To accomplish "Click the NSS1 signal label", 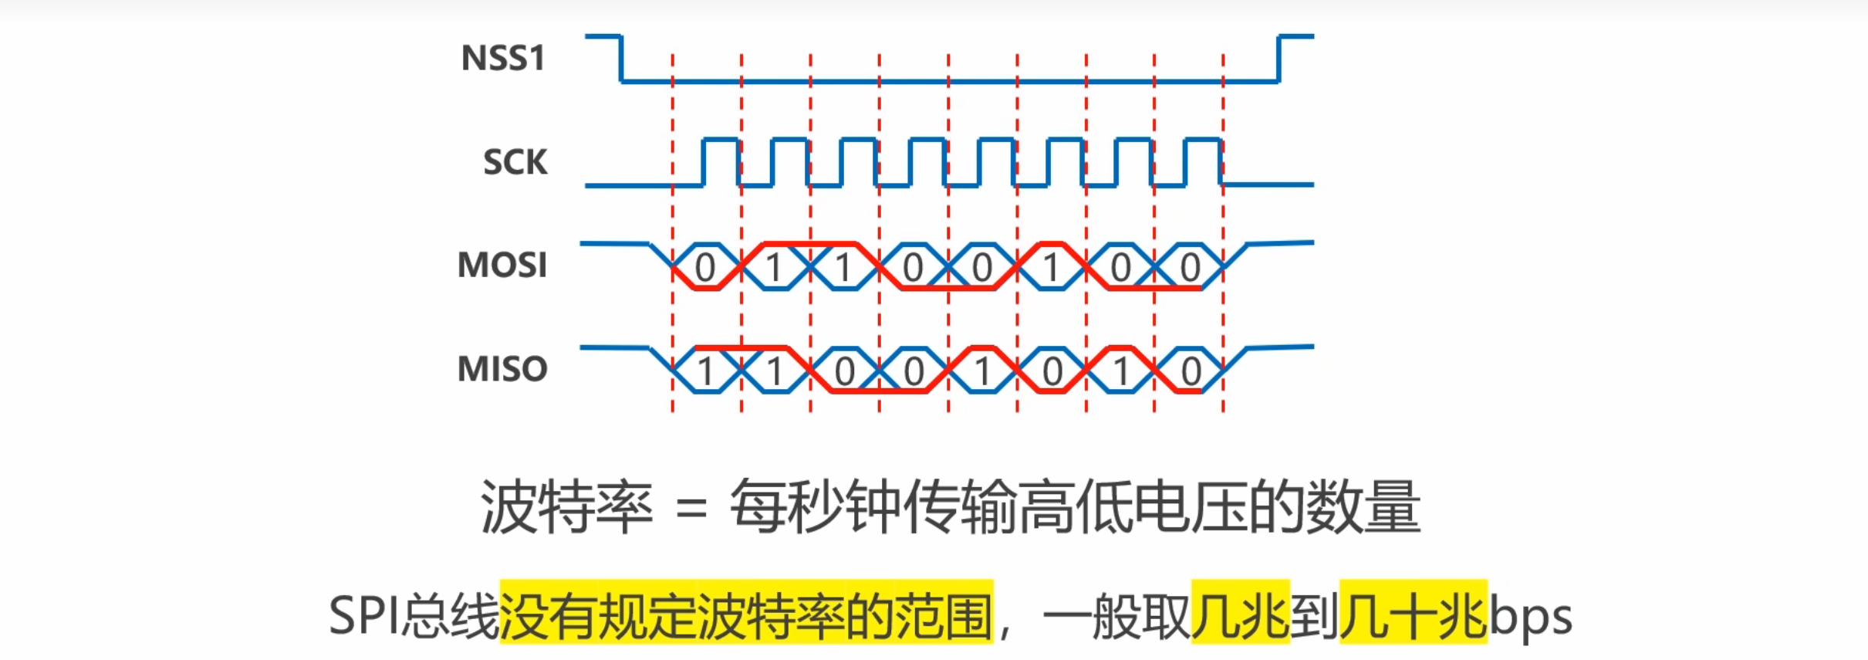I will (502, 58).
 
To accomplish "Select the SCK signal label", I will (515, 162).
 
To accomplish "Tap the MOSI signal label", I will (502, 266).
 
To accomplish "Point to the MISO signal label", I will (502, 369).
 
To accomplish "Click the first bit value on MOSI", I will (705, 268).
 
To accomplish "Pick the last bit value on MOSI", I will (1190, 268).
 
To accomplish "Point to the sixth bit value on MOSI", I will (1051, 268).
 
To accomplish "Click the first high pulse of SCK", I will (721, 140).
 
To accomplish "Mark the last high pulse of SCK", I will (1204, 140).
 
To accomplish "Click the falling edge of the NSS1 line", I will (621, 59).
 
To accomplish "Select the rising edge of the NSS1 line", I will (1279, 59).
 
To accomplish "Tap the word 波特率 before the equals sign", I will (566, 508).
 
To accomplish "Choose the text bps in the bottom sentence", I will (1530, 616).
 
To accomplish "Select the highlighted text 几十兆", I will (1413, 614).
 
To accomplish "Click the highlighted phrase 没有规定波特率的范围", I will (746, 614).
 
